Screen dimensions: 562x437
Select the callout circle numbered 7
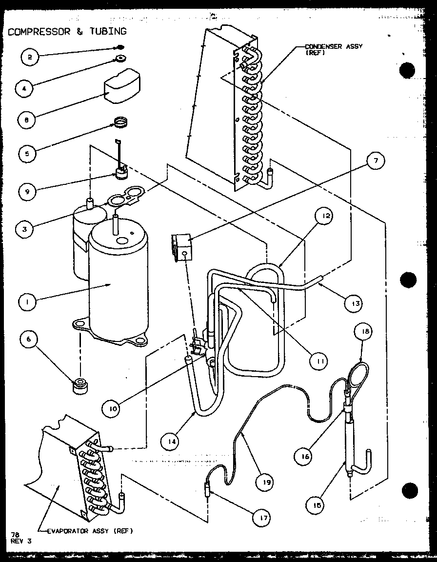click(376, 161)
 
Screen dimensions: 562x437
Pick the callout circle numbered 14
click(169, 442)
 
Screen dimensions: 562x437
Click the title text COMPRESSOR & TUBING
click(67, 31)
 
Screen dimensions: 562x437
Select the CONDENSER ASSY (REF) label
click(334, 49)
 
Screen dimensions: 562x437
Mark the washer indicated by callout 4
click(119, 60)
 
